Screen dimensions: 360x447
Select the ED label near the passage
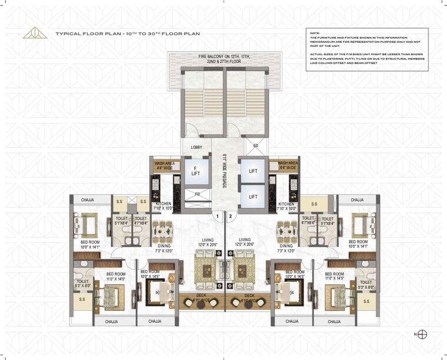coord(255,146)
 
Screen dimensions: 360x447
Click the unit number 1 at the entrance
coord(218,216)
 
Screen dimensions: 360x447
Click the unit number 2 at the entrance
coord(231,216)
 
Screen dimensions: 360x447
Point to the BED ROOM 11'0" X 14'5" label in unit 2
coord(334,275)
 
